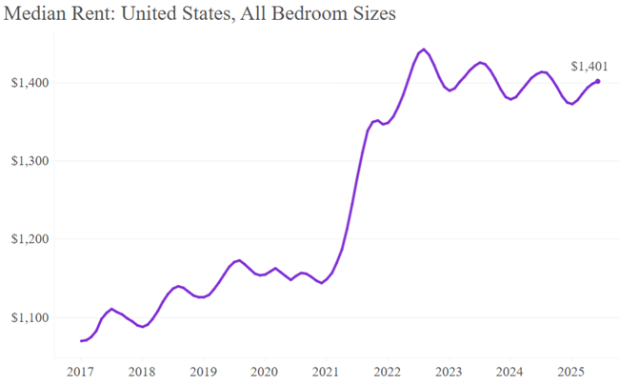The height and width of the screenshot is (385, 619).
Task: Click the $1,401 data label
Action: pos(589,66)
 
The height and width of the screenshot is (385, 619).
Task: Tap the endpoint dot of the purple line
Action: pos(598,82)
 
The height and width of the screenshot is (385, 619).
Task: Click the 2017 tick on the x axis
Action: pos(80,371)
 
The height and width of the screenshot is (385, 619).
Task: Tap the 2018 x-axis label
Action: pos(141,371)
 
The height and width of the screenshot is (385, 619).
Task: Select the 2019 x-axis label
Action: pos(203,371)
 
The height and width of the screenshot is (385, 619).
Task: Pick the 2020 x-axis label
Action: pos(264,371)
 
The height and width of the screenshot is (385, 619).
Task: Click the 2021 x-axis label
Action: pos(326,371)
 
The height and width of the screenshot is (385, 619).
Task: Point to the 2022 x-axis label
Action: pos(387,371)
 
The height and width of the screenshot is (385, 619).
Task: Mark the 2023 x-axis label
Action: pos(449,371)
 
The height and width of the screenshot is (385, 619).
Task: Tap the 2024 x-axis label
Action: pos(509,371)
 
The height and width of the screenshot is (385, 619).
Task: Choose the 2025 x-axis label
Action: pos(571,371)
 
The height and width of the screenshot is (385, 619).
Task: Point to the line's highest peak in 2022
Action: pos(423,49)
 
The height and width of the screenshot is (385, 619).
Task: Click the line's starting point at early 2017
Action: pos(82,340)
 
